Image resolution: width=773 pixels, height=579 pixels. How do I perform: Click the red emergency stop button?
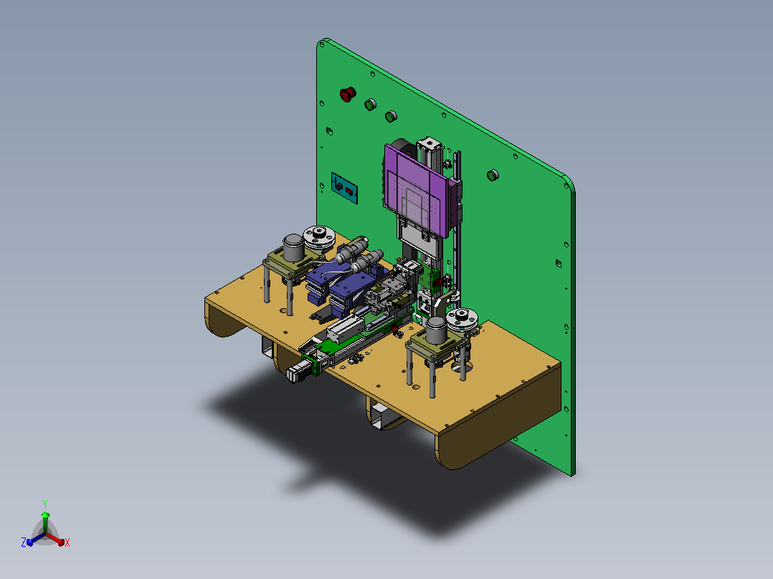pyautogui.click(x=348, y=94)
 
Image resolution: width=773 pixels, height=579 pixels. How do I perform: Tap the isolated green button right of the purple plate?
pyautogui.click(x=493, y=175)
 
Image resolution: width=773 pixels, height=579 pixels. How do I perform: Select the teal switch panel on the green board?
pyautogui.click(x=344, y=188)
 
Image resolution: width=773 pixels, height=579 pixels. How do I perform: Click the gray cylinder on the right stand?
pyautogui.click(x=437, y=330)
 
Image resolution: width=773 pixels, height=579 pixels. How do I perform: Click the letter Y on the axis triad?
pyautogui.click(x=45, y=504)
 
